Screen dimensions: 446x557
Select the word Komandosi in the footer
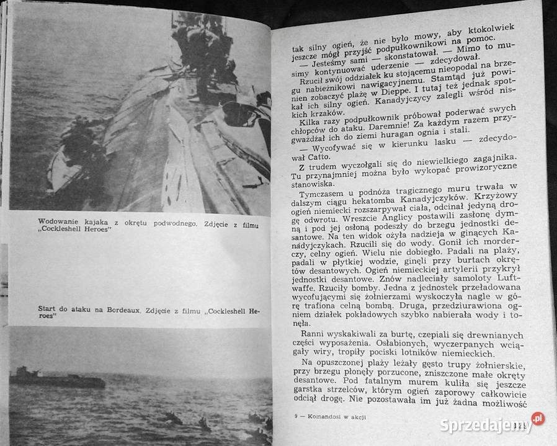point(326,416)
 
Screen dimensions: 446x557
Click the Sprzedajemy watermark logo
point(490,424)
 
